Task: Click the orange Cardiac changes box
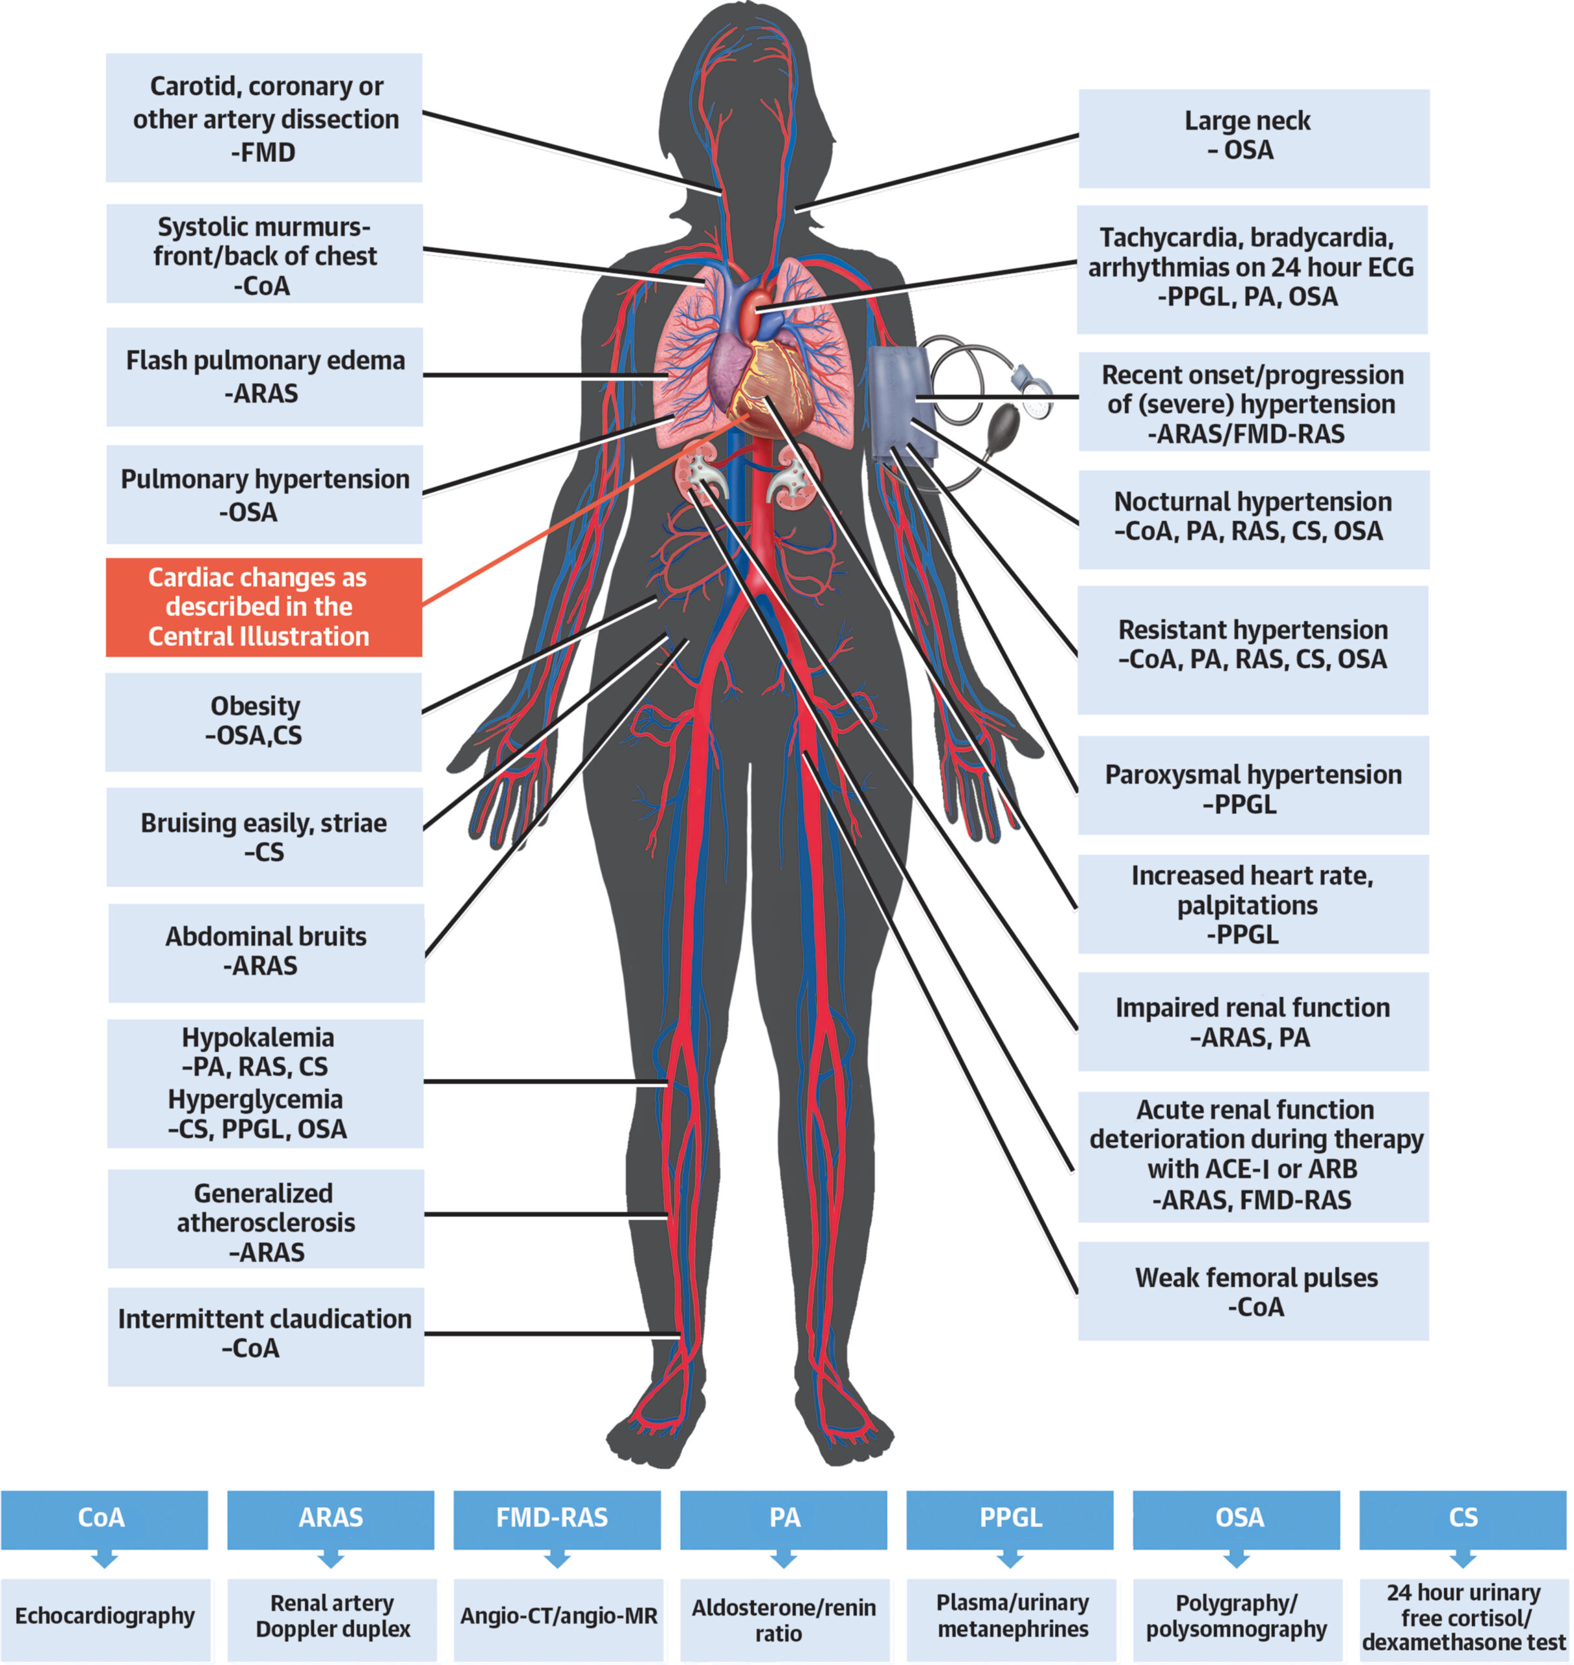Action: pyautogui.click(x=263, y=607)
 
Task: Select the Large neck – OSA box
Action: pyautogui.click(x=1253, y=138)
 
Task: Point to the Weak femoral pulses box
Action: pyautogui.click(x=1253, y=1292)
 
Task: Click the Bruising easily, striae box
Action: pyautogui.click(x=265, y=836)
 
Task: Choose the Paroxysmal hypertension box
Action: pyautogui.click(x=1253, y=788)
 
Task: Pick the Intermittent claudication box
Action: pyautogui.click(x=265, y=1333)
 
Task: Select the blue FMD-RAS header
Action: pyautogui.click(x=557, y=1518)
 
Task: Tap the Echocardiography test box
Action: pyautogui.click(x=105, y=1616)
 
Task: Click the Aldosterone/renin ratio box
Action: pyautogui.click(x=783, y=1619)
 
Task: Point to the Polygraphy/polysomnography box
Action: pyautogui.click(x=1237, y=1616)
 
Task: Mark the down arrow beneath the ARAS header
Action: pyautogui.click(x=330, y=1558)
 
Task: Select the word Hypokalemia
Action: pyautogui.click(x=258, y=1038)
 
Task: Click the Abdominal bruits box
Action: pyautogui.click(x=266, y=952)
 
